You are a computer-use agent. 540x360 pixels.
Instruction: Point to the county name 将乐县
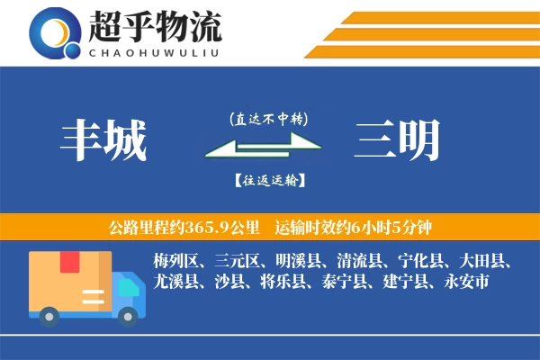(287, 282)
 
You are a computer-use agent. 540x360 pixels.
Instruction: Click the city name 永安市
(468, 282)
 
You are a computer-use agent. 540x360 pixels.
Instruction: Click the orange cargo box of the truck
(70, 280)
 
